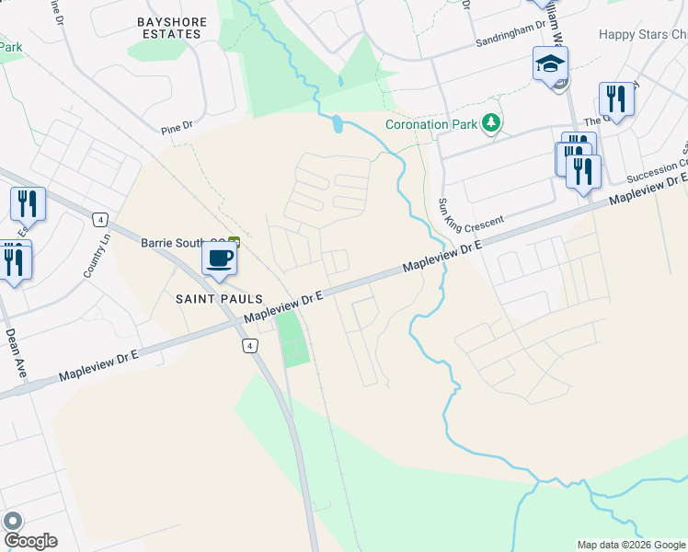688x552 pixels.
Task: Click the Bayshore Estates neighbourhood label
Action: [170, 27]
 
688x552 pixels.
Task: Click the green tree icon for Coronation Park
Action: [492, 122]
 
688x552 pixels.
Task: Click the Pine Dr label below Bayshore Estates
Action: [176, 121]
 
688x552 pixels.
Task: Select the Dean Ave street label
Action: [16, 354]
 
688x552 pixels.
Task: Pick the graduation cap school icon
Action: [550, 64]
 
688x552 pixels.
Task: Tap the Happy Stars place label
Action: [643, 35]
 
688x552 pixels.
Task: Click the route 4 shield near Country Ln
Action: [100, 218]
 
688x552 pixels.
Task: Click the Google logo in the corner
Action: [29, 541]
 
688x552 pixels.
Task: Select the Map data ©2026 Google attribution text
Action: [630, 545]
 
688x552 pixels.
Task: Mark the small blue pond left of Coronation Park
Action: [337, 123]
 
